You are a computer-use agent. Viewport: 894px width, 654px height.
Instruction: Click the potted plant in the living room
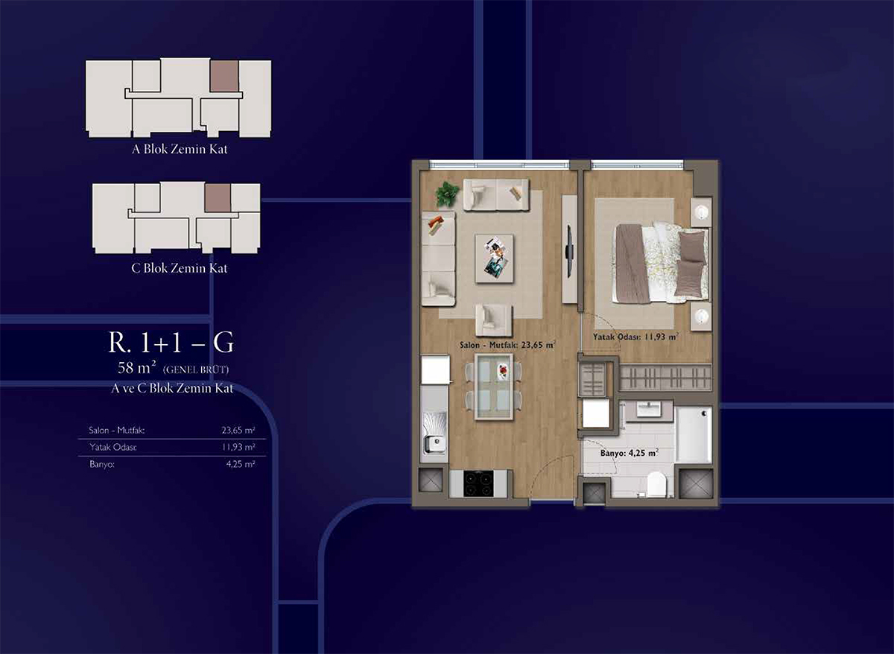pos(446,194)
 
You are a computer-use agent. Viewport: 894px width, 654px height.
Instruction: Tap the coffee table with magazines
pos(494,259)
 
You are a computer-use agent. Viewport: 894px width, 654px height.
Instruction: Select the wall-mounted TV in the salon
pos(569,251)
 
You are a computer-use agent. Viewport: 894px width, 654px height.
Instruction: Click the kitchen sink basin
pos(434,444)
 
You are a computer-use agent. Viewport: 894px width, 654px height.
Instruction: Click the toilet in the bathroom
pos(656,484)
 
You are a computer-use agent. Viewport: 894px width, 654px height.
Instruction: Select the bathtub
pos(694,434)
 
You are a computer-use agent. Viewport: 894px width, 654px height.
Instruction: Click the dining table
pos(494,386)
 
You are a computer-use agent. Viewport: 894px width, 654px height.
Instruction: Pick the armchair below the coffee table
pos(493,320)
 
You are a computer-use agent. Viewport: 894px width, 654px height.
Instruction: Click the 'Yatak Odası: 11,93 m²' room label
pos(635,337)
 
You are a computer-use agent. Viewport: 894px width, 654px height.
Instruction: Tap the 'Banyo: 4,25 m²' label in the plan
pos(630,454)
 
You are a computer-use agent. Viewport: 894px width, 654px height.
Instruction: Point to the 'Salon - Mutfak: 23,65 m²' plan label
pos(507,345)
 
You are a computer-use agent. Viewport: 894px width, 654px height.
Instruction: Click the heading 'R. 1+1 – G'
pos(171,343)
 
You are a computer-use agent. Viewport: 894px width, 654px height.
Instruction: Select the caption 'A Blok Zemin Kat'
pos(180,149)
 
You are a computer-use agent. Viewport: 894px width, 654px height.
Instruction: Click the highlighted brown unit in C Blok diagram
pos(218,198)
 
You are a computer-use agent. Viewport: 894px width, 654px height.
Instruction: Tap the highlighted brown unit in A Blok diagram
pos(224,76)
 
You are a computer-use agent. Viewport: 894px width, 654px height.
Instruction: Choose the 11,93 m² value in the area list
pos(238,447)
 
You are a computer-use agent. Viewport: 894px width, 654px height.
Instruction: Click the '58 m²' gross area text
pos(136,367)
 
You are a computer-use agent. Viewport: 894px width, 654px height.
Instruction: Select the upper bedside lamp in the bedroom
pos(701,212)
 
